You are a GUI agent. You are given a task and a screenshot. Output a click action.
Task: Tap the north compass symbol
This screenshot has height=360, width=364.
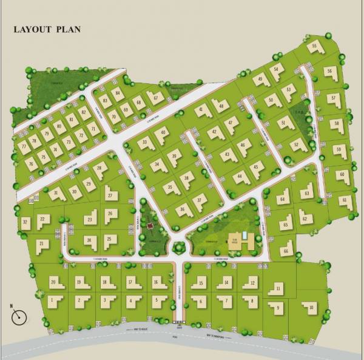19,316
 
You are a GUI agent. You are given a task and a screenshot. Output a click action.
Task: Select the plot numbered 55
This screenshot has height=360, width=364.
314,47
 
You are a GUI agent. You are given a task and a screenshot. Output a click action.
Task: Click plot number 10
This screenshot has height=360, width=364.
311,308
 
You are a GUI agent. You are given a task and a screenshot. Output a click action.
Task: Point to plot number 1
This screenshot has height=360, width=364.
53,300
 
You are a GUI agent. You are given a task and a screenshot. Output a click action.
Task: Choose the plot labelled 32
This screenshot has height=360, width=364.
25,223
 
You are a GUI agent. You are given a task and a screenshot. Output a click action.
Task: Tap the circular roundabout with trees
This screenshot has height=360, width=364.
179,247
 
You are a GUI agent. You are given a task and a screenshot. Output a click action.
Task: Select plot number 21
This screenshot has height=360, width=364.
42,244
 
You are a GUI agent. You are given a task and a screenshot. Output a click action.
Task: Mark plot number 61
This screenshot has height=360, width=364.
345,200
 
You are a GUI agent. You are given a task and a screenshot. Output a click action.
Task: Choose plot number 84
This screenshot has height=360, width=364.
117,92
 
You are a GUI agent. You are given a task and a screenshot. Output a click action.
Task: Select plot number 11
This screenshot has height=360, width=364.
277,289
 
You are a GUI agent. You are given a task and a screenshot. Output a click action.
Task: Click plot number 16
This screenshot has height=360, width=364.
157,282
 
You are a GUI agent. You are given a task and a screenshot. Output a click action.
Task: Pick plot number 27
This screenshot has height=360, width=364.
110,194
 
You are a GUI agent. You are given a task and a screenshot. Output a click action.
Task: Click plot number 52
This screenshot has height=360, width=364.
297,144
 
